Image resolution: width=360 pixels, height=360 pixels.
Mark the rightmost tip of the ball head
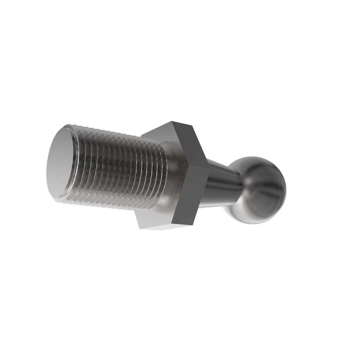(x=286, y=190)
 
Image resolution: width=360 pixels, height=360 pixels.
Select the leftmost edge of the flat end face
(x=48, y=174)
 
